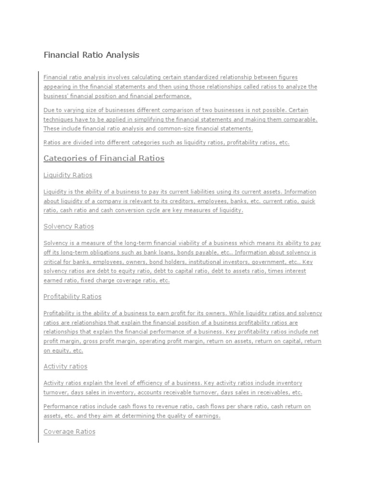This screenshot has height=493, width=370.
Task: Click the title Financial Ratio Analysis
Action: pos(91,55)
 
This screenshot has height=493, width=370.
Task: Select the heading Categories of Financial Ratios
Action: pos(104,158)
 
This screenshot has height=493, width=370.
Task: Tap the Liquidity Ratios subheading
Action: pos(67,175)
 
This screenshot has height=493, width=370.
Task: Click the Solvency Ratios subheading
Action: pos(68,226)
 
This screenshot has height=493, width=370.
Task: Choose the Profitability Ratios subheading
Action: pos(72,297)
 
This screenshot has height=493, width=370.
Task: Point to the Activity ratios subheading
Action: pos(66,366)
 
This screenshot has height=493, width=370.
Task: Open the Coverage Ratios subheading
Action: pos(69,432)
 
